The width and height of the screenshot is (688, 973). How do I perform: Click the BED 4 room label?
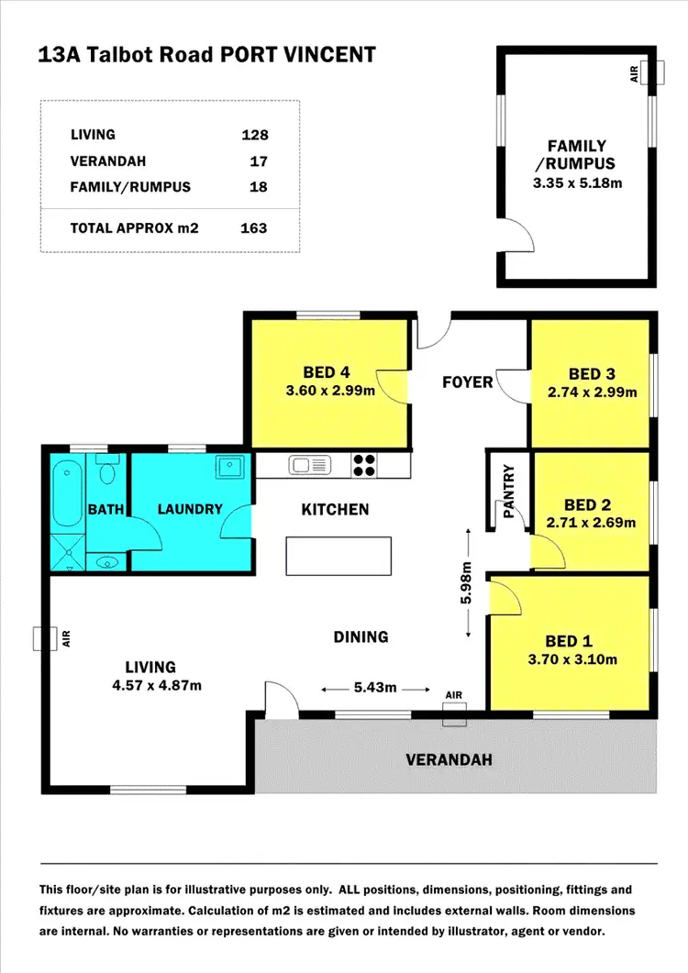[x=327, y=372]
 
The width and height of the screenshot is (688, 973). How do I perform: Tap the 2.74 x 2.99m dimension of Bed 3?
[x=591, y=392]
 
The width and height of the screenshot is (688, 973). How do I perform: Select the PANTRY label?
[x=510, y=493]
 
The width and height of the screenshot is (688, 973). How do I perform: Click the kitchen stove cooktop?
[x=364, y=466]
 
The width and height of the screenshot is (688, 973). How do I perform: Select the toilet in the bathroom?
[x=107, y=471]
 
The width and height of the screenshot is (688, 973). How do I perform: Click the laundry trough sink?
[x=228, y=468]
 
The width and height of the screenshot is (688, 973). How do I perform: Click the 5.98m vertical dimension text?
[x=467, y=582]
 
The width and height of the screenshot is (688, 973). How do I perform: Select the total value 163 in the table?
[x=253, y=227]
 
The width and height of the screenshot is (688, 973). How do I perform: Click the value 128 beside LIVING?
[x=253, y=135]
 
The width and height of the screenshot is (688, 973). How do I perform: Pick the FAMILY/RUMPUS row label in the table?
[x=130, y=187]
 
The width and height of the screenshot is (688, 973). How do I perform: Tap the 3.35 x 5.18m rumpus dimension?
[x=577, y=182]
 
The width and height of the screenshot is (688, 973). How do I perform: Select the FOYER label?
[x=468, y=381]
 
